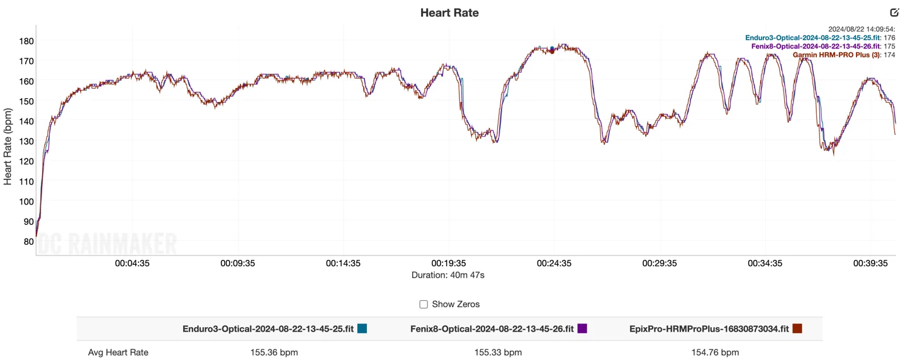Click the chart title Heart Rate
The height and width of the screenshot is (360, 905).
(449, 13)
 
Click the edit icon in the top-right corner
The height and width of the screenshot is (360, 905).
(894, 13)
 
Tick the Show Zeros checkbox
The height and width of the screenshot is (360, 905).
(424, 305)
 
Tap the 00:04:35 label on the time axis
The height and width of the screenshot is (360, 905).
(132, 264)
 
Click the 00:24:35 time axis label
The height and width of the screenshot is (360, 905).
(554, 264)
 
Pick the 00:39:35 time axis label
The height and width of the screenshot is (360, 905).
(870, 264)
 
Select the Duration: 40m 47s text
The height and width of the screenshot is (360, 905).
(448, 275)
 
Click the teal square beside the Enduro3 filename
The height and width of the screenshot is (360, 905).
(362, 328)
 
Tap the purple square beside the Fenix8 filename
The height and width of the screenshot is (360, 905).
(582, 328)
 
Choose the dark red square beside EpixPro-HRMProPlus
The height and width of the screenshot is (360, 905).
(797, 328)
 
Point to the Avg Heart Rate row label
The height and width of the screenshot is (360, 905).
(118, 352)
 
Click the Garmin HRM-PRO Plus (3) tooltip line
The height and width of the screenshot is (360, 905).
(843, 55)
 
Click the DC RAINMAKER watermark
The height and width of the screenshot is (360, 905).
(107, 244)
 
